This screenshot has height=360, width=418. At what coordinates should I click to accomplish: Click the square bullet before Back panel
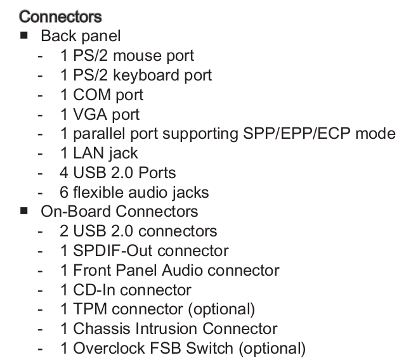click(x=24, y=35)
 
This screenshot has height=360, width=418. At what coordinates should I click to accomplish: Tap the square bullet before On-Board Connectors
click(x=24, y=210)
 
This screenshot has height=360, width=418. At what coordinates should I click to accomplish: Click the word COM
click(x=92, y=95)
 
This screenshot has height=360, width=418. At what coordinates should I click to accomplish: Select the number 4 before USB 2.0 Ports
click(x=65, y=172)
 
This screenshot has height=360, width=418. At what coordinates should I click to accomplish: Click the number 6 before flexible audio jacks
click(x=65, y=192)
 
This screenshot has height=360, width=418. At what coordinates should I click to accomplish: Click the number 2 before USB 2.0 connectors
click(x=65, y=231)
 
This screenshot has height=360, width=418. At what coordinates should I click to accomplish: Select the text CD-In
click(x=95, y=290)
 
